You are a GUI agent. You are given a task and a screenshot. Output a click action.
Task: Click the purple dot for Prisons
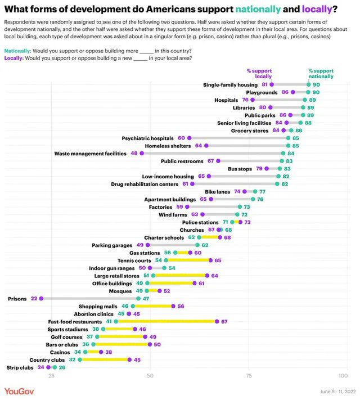coord(41,298)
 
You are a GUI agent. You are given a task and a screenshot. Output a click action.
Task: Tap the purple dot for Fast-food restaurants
coord(216,321)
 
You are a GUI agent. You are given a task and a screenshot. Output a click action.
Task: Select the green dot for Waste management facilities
coord(283,152)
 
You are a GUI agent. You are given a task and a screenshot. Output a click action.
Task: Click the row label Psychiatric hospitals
coord(153,138)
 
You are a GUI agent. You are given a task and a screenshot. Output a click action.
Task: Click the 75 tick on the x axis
coord(249,375)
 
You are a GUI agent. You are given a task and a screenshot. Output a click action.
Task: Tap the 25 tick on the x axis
coord(51,375)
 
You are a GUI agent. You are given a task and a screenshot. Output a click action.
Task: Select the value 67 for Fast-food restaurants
coord(224,321)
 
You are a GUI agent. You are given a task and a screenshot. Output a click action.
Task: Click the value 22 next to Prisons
coord(34,298)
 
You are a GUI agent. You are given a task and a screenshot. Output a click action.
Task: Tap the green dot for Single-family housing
coord(308,84)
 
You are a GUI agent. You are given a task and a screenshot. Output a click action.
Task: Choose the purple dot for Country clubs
coord(129,359)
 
